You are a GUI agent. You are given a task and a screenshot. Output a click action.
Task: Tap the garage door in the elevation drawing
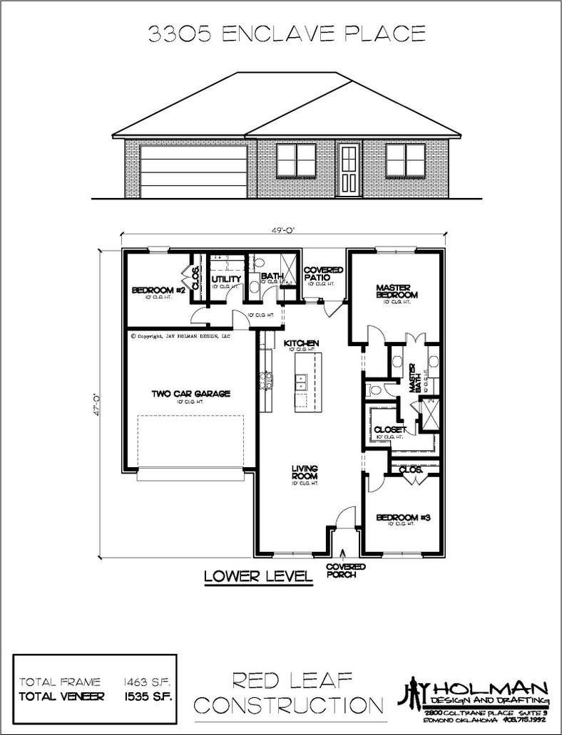[194, 171]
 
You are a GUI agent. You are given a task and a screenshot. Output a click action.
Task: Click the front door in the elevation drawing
[348, 170]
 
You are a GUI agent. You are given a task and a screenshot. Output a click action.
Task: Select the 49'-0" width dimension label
[282, 230]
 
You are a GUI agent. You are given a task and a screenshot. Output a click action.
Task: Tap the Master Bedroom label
[397, 291]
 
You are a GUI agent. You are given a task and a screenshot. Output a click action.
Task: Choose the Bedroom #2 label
[158, 291]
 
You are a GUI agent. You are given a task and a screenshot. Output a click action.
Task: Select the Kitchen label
[300, 343]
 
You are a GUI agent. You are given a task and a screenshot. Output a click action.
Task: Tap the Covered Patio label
[323, 275]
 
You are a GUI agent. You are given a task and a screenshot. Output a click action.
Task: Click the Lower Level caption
[258, 575]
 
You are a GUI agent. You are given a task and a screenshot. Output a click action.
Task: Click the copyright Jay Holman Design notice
[180, 335]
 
